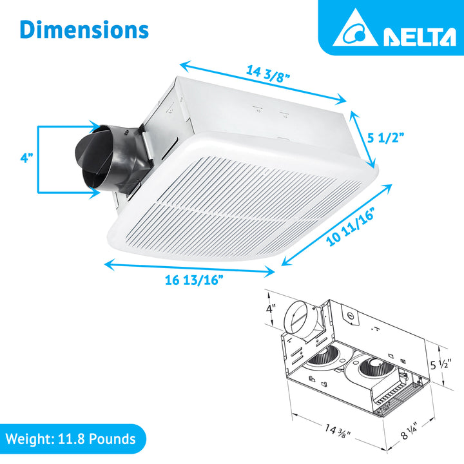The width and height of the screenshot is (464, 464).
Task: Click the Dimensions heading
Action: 84,30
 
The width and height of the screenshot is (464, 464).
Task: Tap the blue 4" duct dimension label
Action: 26,157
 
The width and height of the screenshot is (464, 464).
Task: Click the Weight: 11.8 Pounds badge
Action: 72,440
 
